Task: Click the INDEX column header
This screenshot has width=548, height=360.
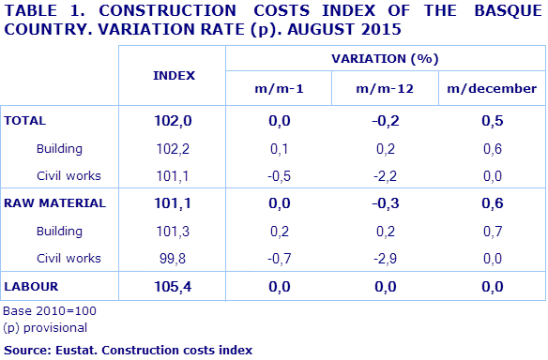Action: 173,74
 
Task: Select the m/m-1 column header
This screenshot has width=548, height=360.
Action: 279,89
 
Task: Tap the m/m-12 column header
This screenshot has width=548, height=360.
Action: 385,89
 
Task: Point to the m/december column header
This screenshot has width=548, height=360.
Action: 492,89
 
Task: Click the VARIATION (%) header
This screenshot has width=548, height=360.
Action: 385,58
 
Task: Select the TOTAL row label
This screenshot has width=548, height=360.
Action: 26,121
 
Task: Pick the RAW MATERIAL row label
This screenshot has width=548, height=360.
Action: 54,202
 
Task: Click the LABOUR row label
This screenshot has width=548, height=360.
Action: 33,285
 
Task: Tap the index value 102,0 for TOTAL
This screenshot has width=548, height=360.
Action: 173,121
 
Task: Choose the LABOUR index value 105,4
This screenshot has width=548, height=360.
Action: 173,285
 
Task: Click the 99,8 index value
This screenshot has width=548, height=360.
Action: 173,257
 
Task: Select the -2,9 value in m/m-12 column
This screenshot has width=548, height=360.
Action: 385,257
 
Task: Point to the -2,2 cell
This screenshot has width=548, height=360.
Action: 385,175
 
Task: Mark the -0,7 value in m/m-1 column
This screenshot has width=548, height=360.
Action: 279,257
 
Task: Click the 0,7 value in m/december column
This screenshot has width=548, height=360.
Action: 492,231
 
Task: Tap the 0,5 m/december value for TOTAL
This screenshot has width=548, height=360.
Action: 492,121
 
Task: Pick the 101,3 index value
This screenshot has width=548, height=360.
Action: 173,231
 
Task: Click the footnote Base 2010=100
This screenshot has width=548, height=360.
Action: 50,310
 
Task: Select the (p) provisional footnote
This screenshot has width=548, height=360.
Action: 45,327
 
